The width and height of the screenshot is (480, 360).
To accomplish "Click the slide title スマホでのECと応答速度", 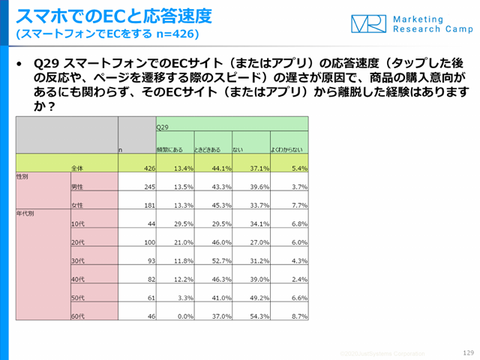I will click(x=113, y=15).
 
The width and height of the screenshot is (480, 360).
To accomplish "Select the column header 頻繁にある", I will click(x=169, y=150).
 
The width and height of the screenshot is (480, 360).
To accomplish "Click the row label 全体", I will click(x=77, y=168).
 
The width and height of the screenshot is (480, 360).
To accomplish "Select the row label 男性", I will click(x=76, y=186).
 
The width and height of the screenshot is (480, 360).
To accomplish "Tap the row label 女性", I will click(x=76, y=205).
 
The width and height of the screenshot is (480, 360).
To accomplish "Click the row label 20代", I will click(x=76, y=241).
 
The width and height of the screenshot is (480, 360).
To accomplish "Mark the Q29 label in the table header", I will click(x=162, y=127).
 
